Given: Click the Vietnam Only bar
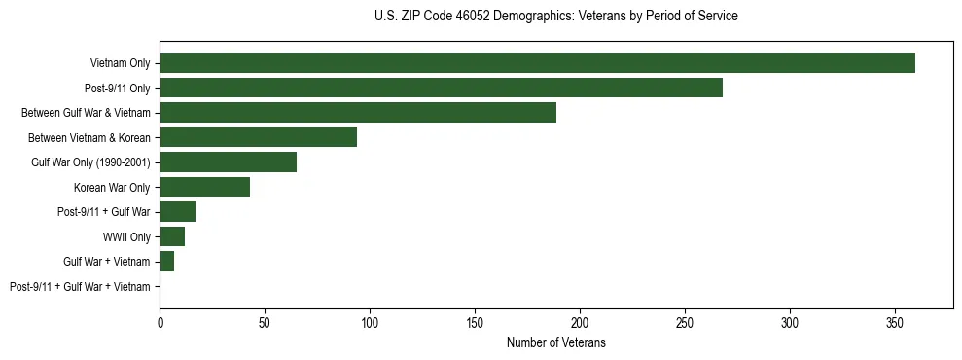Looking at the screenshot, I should point(537,63).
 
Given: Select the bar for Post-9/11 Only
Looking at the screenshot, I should point(441,88).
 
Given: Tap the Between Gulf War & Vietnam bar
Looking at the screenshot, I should point(358,113).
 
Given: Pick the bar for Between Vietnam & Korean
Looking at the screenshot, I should point(258,137).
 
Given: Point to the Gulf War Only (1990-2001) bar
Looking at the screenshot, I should point(228,162).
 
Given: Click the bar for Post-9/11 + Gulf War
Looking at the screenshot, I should point(177,212).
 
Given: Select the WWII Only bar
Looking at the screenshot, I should point(172,236).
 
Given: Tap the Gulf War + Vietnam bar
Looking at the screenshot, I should point(166,262).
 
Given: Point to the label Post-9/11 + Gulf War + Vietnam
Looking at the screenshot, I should point(80,286).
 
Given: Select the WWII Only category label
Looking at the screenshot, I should point(126,236).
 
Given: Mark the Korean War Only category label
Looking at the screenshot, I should point(112,187).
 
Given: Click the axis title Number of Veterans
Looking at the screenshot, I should point(555,342).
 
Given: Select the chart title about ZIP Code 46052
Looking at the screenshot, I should point(555,17).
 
